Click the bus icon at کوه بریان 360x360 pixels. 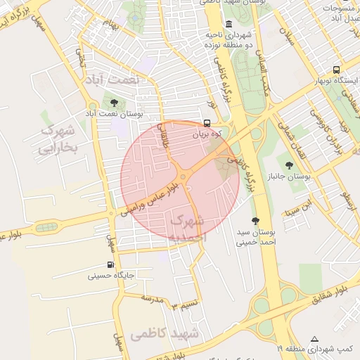pyautogui.click(x=206, y=122)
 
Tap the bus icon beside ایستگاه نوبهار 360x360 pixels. pyautogui.click(x=336, y=70)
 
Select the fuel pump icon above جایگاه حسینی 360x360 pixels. pyautogui.click(x=110, y=265)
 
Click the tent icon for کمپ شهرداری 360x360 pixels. pyautogui.click(x=314, y=338)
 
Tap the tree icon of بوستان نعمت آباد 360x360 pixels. pyautogui.click(x=114, y=103)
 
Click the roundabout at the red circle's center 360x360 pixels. pyautogui.click(x=183, y=176)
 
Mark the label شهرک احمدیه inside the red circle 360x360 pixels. pyautogui.click(x=188, y=229)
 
